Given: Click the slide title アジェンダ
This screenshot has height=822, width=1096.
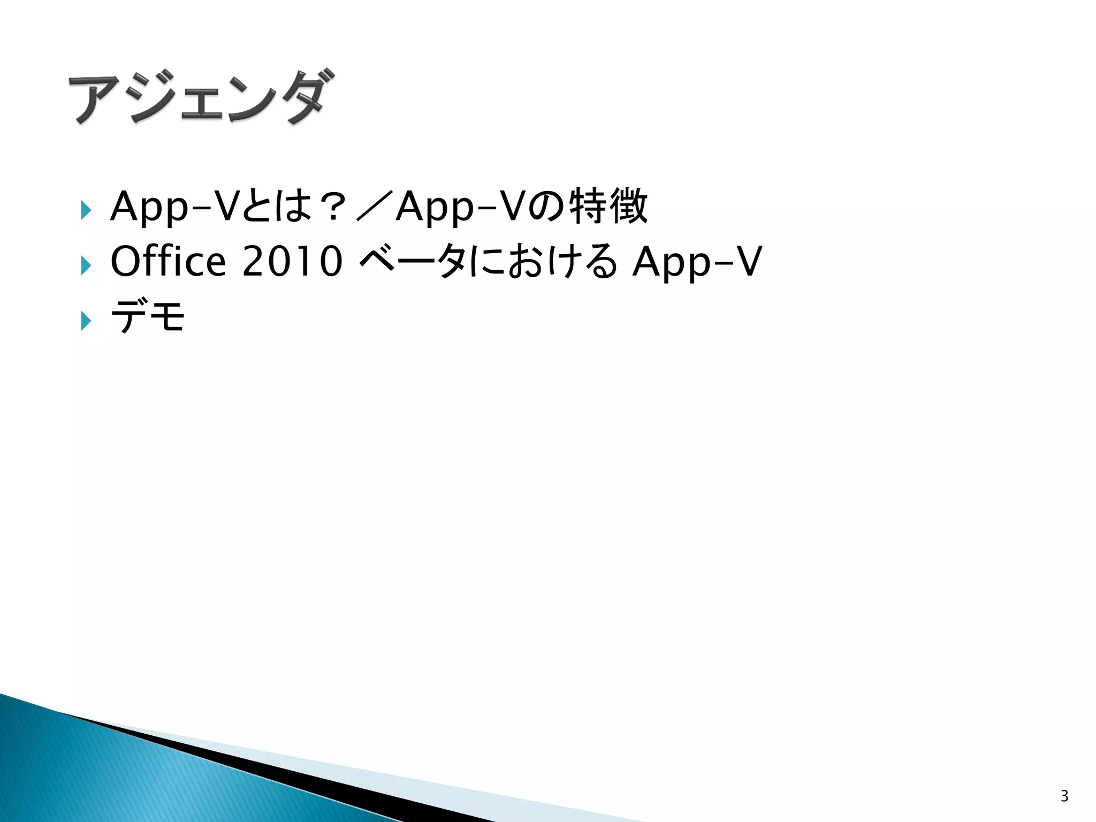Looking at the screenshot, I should (x=201, y=97).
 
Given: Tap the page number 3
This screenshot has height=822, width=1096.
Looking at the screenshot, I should (x=1064, y=796).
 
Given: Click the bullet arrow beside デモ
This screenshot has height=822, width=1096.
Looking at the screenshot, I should (x=86, y=321).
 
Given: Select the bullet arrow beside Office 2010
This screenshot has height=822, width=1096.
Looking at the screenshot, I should (x=86, y=265).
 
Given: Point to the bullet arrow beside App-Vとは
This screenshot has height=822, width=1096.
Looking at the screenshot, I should (x=86, y=210).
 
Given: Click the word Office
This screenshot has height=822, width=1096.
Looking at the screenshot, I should (x=168, y=261).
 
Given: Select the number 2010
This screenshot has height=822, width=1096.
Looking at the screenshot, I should (x=292, y=261).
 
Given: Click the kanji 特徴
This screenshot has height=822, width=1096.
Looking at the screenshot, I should (x=608, y=206).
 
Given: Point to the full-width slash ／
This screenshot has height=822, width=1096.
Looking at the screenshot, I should (x=375, y=206).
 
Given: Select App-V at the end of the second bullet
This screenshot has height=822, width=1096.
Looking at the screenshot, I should (x=697, y=261).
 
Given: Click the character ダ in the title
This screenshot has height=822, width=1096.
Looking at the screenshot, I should (x=303, y=96).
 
